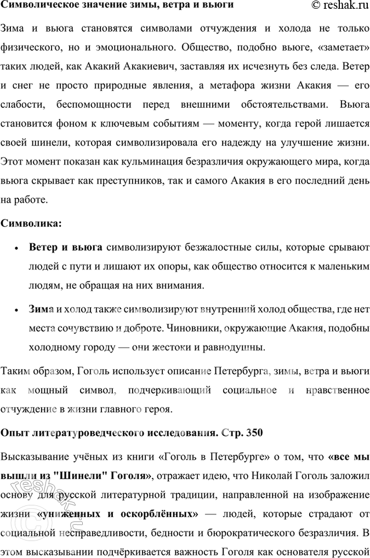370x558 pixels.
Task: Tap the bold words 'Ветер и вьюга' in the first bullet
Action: point(65,248)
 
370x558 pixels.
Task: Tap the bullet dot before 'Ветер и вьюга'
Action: point(19,248)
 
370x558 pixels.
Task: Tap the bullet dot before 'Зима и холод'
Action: point(19,309)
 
